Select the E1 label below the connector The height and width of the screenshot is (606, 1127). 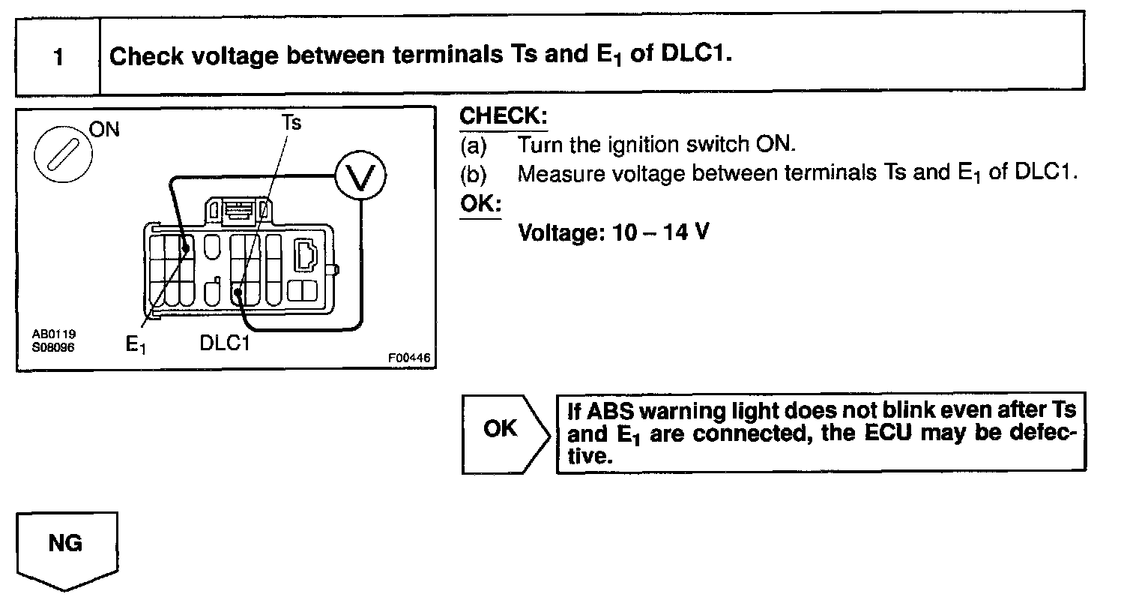136,344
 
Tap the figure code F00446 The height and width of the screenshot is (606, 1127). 409,358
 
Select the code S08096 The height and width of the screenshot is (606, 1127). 53,347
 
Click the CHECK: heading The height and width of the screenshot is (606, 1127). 503,116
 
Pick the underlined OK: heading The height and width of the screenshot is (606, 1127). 480,203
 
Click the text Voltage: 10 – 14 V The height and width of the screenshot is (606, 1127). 614,232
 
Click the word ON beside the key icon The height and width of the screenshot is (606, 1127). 105,129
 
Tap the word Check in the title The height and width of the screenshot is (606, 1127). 147,56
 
